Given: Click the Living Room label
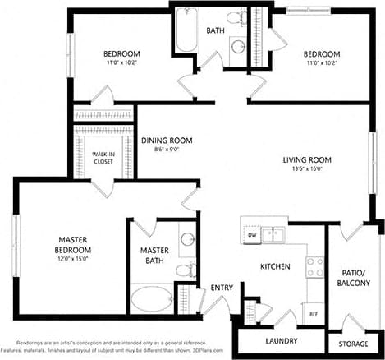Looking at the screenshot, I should point(307,160).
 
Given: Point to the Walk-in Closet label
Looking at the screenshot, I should point(103,158).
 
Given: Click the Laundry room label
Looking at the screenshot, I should point(281,340).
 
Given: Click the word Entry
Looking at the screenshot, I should point(221,287).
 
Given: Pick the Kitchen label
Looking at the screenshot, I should point(277,267).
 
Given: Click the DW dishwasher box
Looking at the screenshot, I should point(251,236).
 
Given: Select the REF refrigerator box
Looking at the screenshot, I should point(313,314).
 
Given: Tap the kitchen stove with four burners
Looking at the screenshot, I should point(314,266).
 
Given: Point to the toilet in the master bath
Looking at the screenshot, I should point(186,268).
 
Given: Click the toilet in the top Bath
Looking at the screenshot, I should point(235,18).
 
